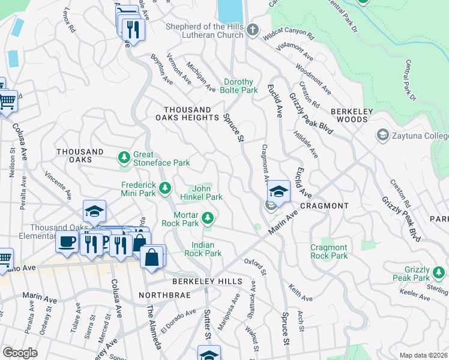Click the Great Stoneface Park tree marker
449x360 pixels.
(x=124, y=158)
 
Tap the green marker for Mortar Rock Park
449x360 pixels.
(x=208, y=218)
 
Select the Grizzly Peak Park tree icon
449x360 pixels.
(x=439, y=273)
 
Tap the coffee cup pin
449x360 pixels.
(x=67, y=241)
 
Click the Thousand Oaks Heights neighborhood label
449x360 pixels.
(x=188, y=114)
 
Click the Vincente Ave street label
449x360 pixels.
(x=58, y=187)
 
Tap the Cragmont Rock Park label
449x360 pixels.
(x=328, y=251)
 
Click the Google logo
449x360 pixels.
(x=20, y=353)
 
